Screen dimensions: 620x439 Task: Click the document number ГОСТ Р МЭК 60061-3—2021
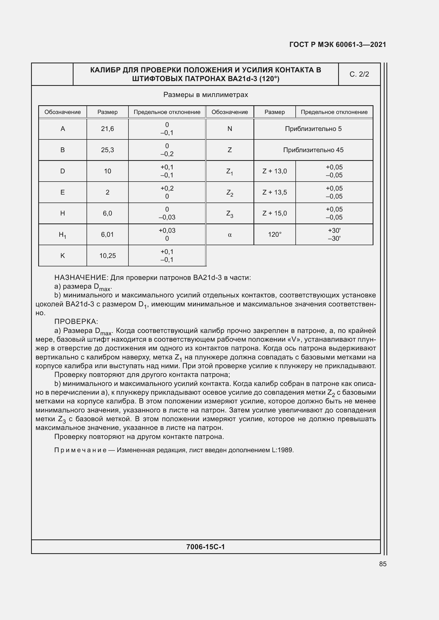(x=338, y=45)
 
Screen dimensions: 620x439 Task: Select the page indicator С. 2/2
(x=359, y=74)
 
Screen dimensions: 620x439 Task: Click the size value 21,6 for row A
(x=107, y=129)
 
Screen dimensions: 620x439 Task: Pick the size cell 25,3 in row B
(x=107, y=150)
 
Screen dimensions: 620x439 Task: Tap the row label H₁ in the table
(x=62, y=235)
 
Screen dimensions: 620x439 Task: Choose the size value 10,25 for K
(x=107, y=256)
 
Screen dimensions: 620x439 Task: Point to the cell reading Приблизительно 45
(x=313, y=150)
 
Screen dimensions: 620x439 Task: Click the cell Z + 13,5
(x=274, y=192)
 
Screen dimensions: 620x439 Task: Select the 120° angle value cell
(x=274, y=235)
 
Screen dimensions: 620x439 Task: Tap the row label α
(x=230, y=235)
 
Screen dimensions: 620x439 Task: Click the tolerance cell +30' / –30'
(x=334, y=234)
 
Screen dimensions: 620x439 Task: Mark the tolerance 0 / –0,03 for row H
(x=167, y=213)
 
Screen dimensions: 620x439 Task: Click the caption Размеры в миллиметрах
(x=205, y=95)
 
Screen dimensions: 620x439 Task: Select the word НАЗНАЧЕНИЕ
(x=81, y=278)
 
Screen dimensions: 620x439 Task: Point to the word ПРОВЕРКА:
(x=76, y=322)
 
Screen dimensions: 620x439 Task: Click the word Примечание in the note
(x=80, y=450)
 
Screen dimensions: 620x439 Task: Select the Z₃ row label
(x=230, y=214)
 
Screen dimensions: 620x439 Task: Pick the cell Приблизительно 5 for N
(x=313, y=129)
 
